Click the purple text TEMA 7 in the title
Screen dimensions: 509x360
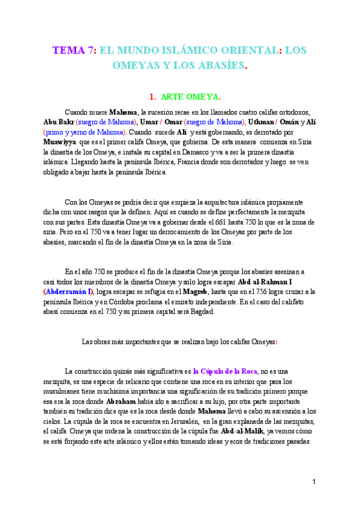71,51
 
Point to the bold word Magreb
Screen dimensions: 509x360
199,291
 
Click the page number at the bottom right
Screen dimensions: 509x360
314,482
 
